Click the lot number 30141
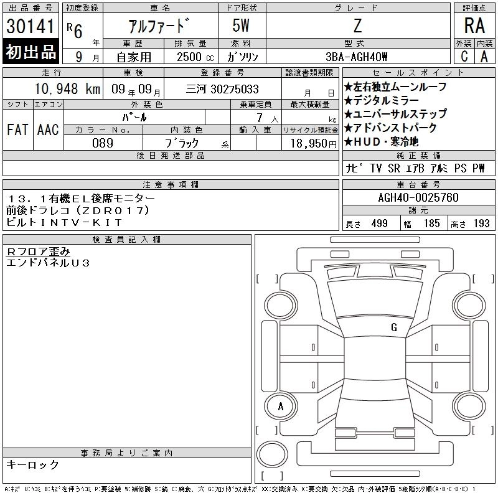tap(31, 26)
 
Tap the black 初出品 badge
tap(31, 52)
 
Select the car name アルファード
tap(159, 26)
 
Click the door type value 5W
tap(241, 26)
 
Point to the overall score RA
tap(474, 26)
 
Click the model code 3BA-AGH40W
tap(357, 57)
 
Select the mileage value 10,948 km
tap(67, 88)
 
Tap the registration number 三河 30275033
tap(222, 89)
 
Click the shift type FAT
tap(17, 130)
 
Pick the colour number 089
tap(103, 143)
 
